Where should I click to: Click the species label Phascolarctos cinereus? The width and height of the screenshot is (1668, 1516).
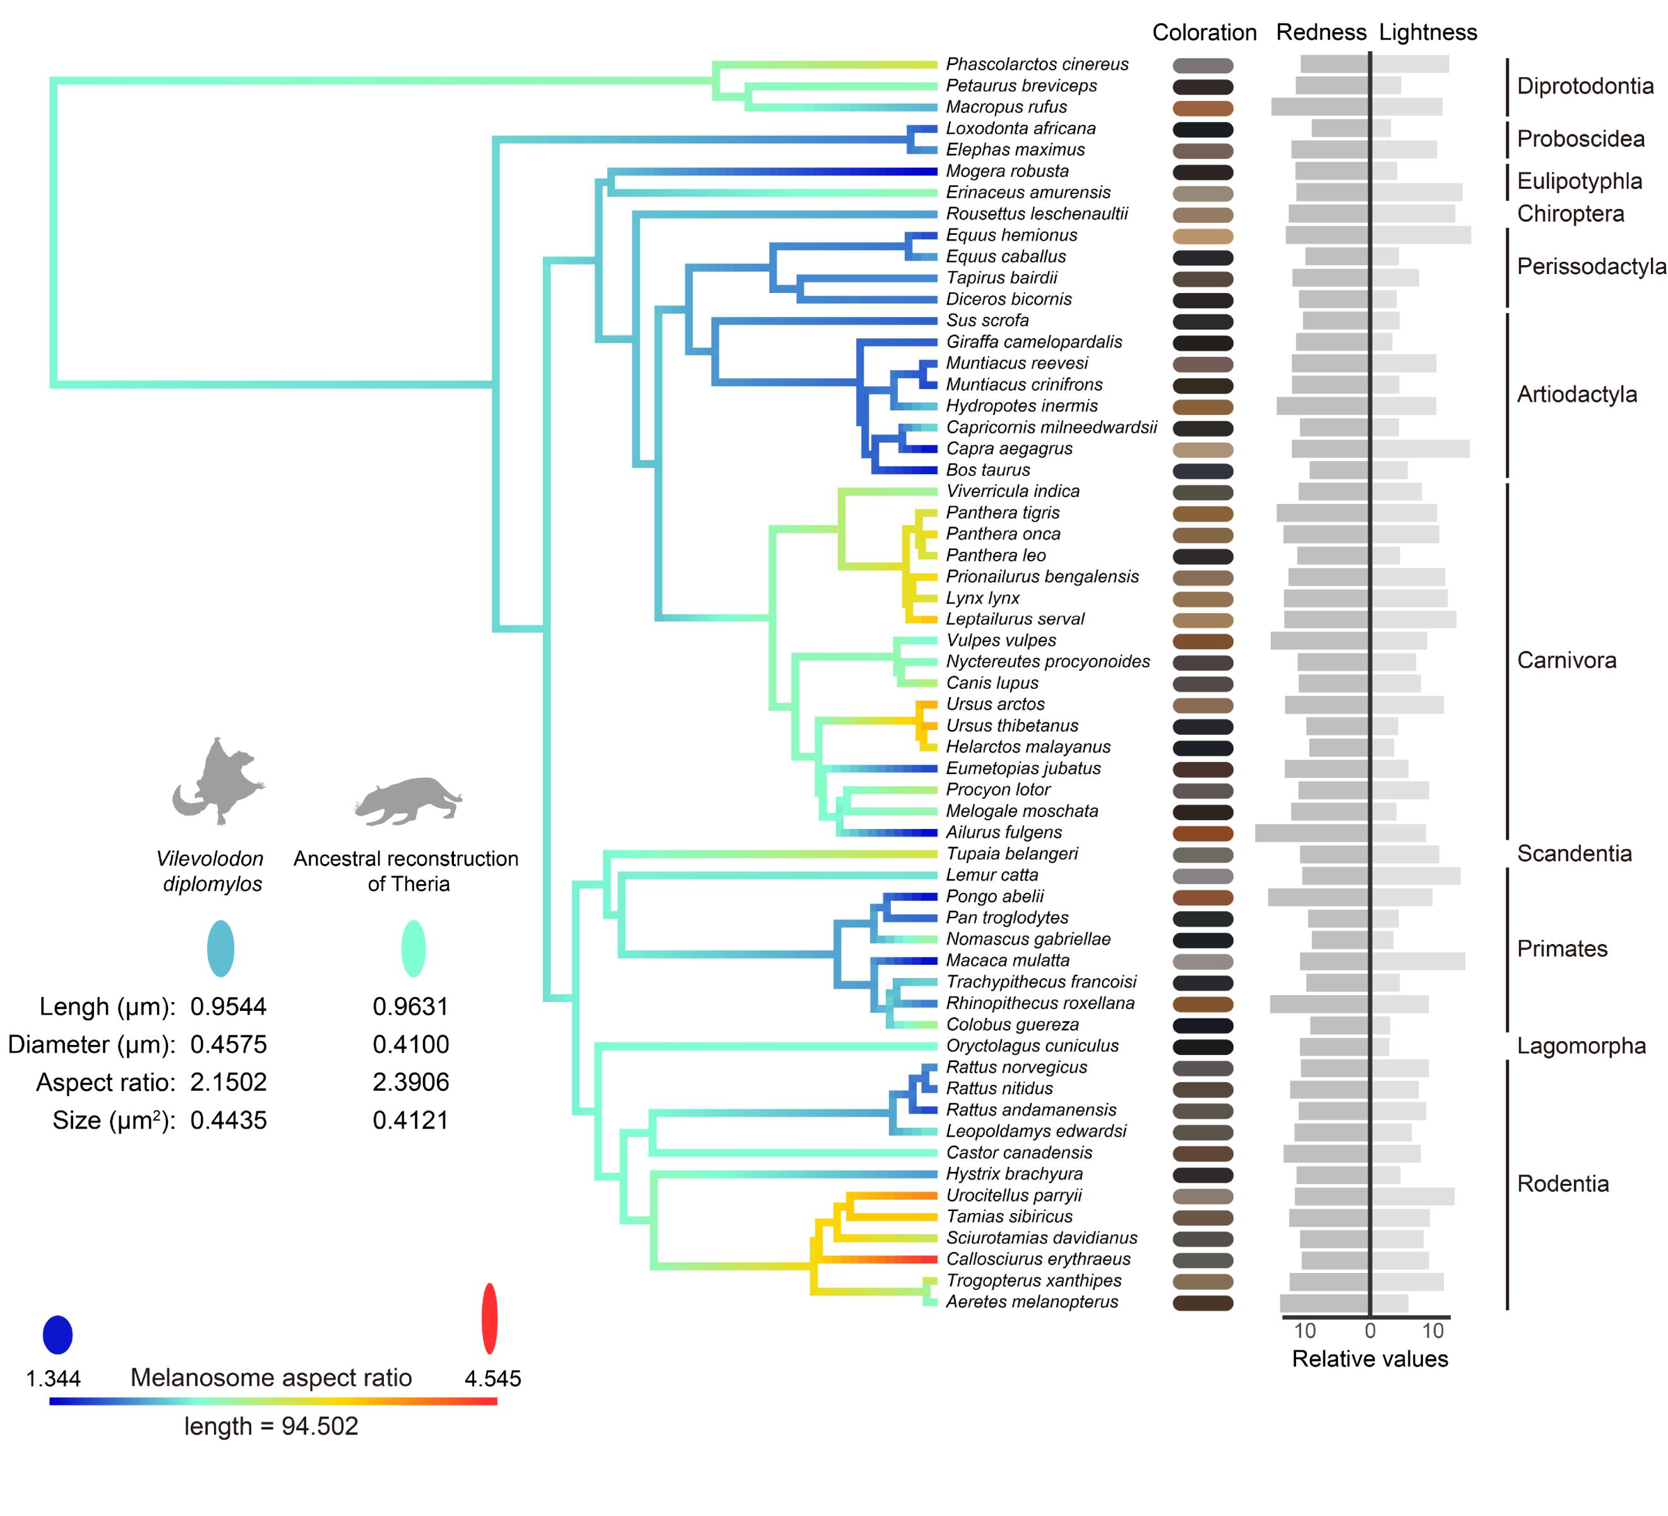click(1037, 64)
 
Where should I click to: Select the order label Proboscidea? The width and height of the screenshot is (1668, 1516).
click(1580, 139)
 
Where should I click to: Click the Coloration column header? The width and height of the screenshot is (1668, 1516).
click(1204, 33)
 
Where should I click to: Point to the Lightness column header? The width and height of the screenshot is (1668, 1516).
click(1428, 33)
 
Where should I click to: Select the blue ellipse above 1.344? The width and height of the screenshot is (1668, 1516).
click(58, 1335)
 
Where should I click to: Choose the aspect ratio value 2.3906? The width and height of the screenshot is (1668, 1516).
click(410, 1082)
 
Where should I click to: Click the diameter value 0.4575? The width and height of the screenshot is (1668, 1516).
click(229, 1044)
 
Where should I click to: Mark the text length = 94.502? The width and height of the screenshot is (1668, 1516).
click(271, 1426)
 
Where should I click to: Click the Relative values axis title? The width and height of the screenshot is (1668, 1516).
click(1370, 1359)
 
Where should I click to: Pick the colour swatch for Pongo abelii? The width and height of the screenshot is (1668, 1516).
click(1203, 898)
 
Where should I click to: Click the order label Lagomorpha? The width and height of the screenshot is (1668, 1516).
click(1581, 1046)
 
